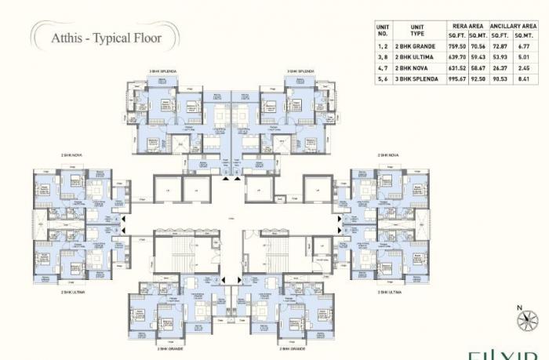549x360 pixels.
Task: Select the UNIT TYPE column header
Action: [416, 31]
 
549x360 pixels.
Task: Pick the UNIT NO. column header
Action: [384, 31]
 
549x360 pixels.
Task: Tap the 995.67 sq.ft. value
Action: [454, 78]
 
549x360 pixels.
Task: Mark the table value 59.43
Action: [477, 56]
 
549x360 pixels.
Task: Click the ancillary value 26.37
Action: [500, 67]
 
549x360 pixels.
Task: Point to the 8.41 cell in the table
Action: [524, 78]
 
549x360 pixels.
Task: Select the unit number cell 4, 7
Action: [384, 67]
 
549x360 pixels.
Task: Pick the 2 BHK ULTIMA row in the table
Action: [416, 56]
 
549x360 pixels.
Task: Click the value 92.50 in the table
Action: [477, 78]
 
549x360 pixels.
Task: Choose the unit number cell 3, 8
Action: [384, 56]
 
